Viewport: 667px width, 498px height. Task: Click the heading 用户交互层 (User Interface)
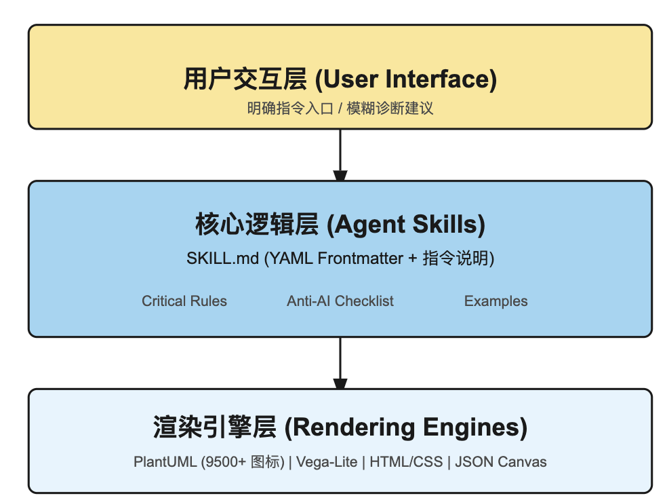(340, 79)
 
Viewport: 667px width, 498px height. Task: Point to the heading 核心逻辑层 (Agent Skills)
(340, 225)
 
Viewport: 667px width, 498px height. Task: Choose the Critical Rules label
(184, 301)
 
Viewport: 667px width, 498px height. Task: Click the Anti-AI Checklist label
(340, 301)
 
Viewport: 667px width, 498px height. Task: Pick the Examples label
(496, 301)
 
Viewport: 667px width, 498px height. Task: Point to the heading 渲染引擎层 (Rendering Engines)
(340, 427)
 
